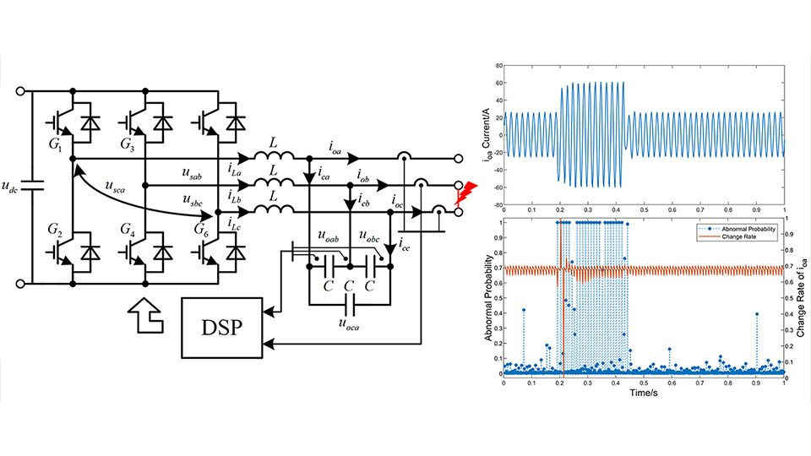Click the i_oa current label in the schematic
(x=338, y=147)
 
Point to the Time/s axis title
(x=644, y=393)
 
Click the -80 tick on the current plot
(x=498, y=205)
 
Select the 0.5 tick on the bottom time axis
(x=644, y=383)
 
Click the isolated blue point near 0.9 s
(x=757, y=314)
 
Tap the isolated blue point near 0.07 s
(x=524, y=310)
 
